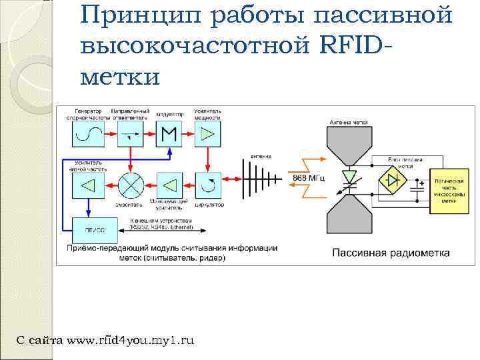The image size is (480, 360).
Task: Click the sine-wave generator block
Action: (87, 134)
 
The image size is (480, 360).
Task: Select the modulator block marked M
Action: (169, 134)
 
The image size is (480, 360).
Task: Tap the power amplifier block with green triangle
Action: (207, 134)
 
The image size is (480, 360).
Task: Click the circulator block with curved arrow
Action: (207, 184)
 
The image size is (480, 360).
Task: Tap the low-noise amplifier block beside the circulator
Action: (169, 184)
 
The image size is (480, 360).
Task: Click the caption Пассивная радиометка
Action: (391, 253)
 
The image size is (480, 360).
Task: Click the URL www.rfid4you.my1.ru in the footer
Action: (131, 340)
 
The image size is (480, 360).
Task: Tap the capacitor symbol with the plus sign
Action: (419, 186)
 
